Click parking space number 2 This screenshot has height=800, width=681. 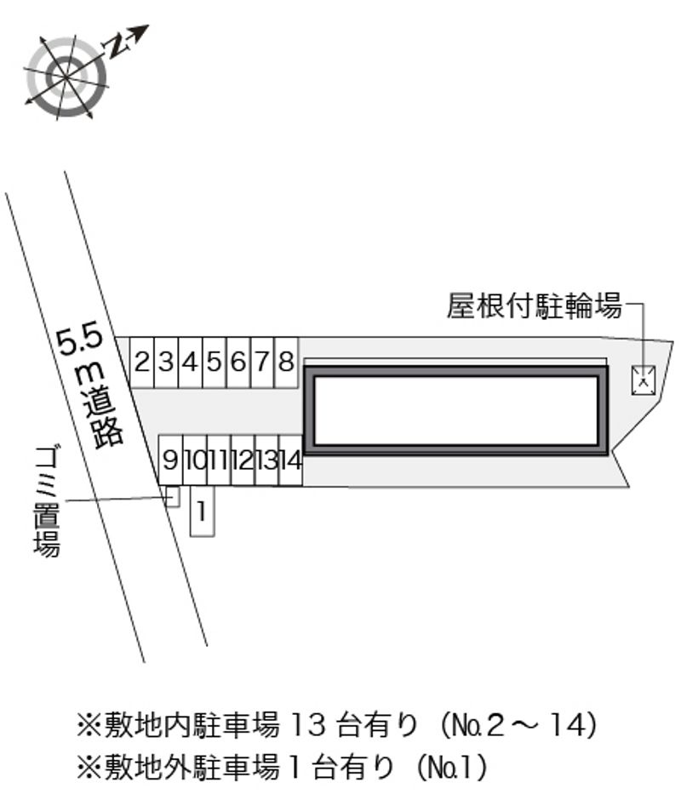[x=141, y=363]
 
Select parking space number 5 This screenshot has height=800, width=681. [x=215, y=363]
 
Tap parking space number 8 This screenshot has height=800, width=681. [x=286, y=363]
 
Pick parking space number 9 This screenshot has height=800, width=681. [x=170, y=460]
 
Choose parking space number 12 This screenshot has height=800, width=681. [x=243, y=460]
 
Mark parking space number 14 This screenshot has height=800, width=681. [x=291, y=460]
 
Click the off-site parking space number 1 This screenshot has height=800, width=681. [x=202, y=511]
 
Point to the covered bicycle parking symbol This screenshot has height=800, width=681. [x=644, y=380]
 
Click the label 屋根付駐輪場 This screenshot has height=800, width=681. [x=535, y=306]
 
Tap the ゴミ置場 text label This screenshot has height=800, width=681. [x=47, y=501]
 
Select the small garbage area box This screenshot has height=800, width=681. [x=173, y=497]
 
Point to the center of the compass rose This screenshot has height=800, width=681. [x=67, y=77]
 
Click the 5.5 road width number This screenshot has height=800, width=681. [x=80, y=340]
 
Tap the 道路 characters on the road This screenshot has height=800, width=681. [x=104, y=418]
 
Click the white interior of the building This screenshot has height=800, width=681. [x=456, y=411]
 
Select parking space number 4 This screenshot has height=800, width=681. [x=191, y=363]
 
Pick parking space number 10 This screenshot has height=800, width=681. [x=194, y=460]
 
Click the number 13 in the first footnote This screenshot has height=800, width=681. [x=308, y=724]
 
